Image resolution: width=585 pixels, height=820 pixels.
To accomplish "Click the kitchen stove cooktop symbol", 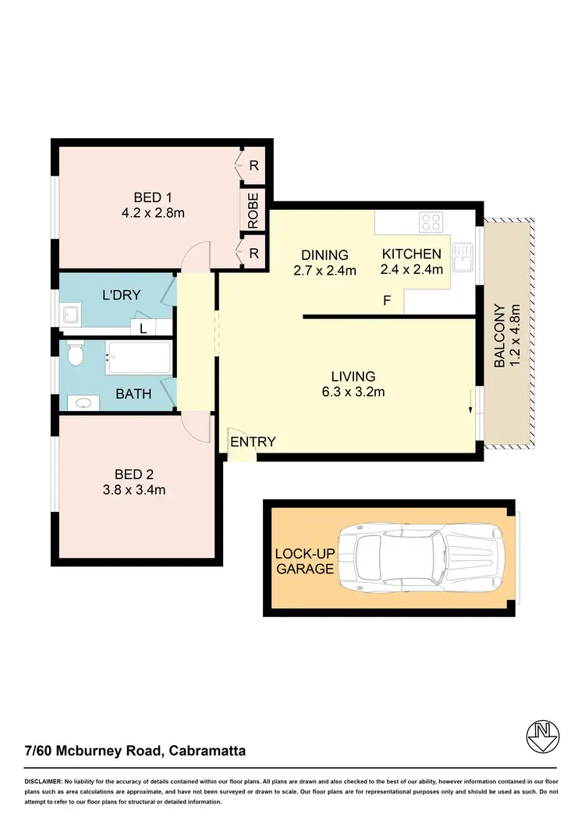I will [x=431, y=222].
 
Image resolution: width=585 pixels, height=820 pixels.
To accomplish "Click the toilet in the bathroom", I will [x=74, y=356].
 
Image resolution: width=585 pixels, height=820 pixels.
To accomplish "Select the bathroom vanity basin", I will [x=83, y=403].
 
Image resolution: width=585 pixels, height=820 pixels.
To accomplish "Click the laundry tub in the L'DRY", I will [x=73, y=315].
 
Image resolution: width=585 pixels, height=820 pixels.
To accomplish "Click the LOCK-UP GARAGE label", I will [x=304, y=561].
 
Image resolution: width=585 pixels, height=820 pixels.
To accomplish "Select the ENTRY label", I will [x=253, y=442].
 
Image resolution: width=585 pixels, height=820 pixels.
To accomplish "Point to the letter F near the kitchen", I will [x=385, y=299].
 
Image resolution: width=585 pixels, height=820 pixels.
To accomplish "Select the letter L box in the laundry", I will [x=143, y=328].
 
